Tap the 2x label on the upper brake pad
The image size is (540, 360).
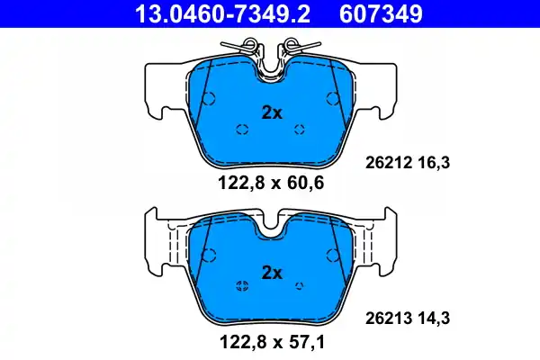click(x=272, y=112)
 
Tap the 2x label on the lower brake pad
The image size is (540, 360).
click(x=272, y=273)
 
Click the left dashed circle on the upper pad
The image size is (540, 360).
click(x=241, y=129)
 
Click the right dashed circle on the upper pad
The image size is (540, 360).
click(x=301, y=129)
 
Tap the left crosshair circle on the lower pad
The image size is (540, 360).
click(x=241, y=286)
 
